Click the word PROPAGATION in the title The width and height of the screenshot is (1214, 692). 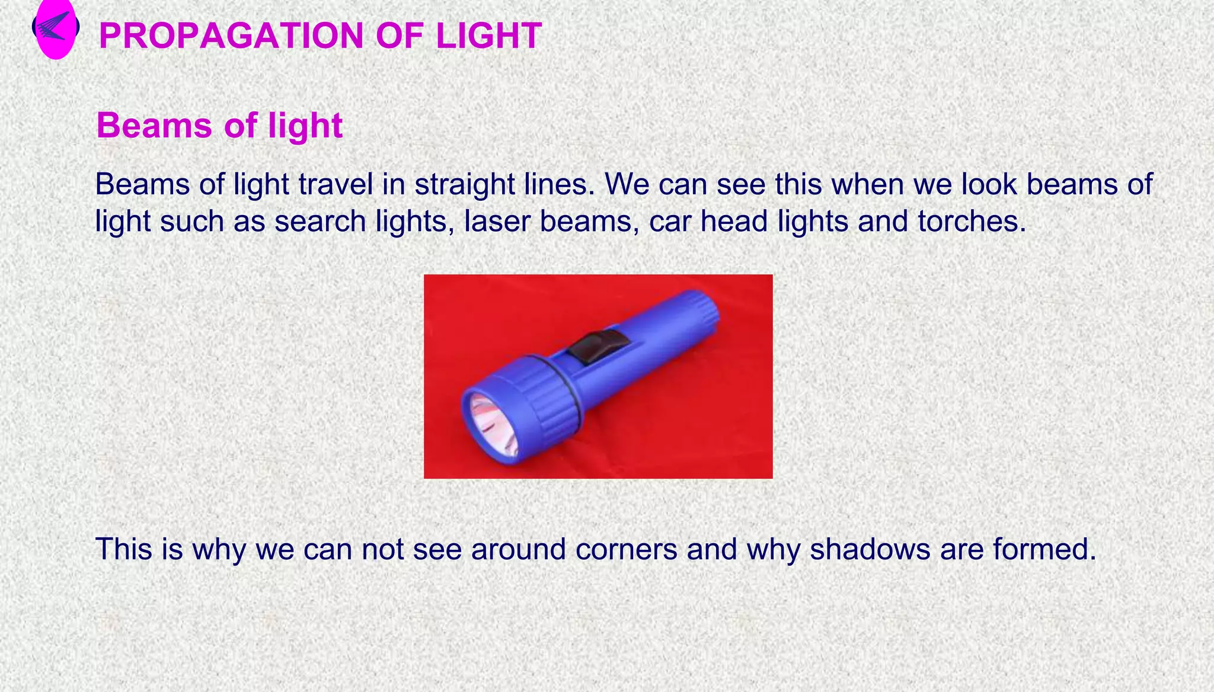click(x=231, y=36)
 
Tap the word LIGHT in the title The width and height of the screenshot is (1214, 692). click(x=488, y=36)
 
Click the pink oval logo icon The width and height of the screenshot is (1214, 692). click(x=56, y=30)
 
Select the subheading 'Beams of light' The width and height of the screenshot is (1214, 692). click(x=219, y=126)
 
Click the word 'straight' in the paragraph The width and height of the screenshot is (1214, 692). click(x=465, y=184)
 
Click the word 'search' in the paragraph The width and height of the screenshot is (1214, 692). click(x=320, y=222)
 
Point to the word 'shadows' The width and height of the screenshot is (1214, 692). click(x=870, y=549)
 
